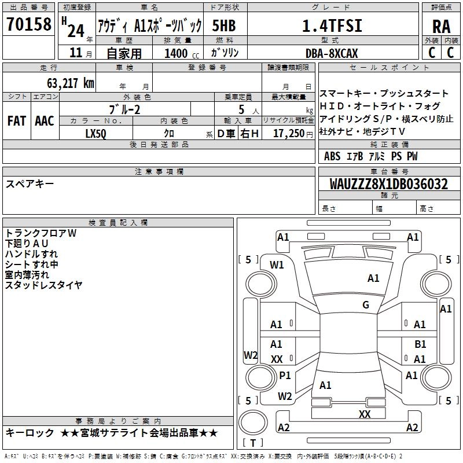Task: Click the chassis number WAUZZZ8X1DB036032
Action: [388, 184]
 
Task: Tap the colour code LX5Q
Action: [96, 133]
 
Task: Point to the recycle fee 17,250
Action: [288, 133]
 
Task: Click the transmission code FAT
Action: [16, 121]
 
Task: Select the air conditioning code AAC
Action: [45, 121]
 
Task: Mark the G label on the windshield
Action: [366, 305]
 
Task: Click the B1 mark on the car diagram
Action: [420, 344]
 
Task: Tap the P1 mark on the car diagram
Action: [285, 375]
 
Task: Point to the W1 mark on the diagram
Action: [277, 264]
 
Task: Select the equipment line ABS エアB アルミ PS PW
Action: [371, 156]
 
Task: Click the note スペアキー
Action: [30, 183]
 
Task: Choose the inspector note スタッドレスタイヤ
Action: [43, 285]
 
